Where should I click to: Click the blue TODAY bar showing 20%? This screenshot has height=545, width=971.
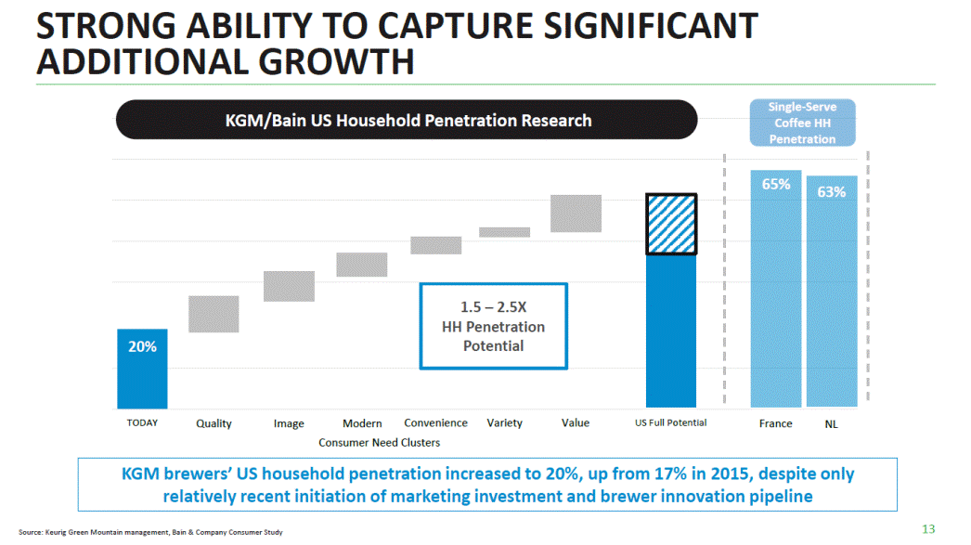point(142,369)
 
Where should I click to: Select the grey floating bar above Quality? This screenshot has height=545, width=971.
point(214,314)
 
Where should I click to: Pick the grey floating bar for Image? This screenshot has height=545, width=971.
point(289,286)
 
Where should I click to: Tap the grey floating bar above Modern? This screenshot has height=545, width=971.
point(361,265)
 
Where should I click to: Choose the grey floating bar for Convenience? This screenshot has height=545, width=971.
point(435,245)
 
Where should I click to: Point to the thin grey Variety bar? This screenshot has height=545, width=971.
point(504,232)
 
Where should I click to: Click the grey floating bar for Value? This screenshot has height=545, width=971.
point(576,214)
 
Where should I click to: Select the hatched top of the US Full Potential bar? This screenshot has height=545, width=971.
point(671,224)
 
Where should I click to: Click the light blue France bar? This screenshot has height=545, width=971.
point(776,297)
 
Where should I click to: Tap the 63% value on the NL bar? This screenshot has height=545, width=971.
point(832,192)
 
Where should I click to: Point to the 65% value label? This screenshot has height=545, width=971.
point(776,185)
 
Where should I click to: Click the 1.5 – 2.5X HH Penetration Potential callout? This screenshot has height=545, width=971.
point(493,326)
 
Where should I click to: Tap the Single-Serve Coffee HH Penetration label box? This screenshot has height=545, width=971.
point(802,123)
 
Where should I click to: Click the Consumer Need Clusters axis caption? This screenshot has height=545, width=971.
point(379,443)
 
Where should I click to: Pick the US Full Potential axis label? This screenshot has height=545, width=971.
point(670,423)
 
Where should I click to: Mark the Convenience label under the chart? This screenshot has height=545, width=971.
point(435,423)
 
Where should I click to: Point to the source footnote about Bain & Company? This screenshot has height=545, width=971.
point(150,532)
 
